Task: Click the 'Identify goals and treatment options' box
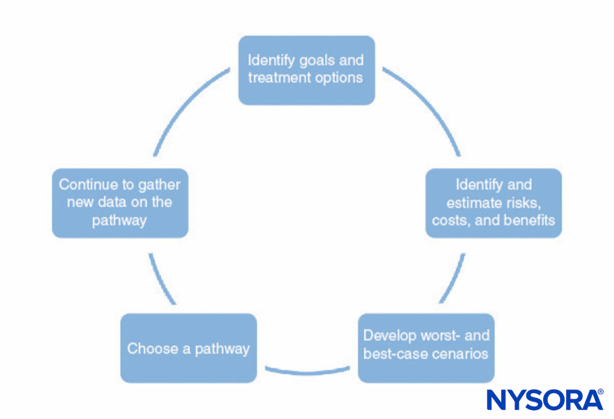pos(306,70)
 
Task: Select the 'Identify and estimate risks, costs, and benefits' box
pos(493,203)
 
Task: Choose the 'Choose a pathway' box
pos(188,348)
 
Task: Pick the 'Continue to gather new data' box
pos(120,203)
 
